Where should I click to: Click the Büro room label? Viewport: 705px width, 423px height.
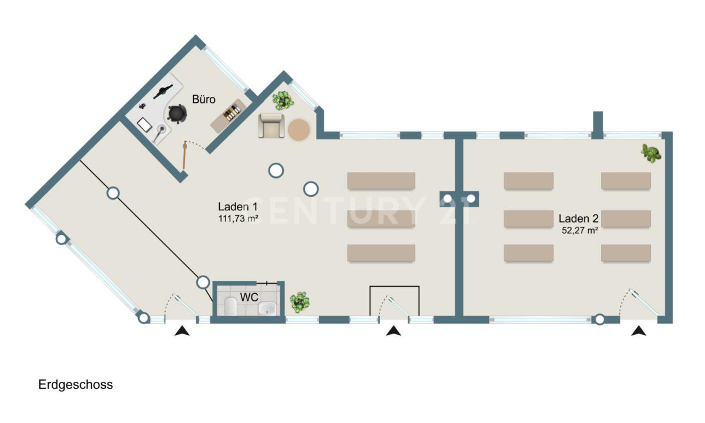[204, 99]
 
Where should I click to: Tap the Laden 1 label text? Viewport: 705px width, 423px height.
[237, 207]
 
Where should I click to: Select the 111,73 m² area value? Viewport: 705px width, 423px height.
[239, 219]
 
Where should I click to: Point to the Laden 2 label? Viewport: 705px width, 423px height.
[579, 219]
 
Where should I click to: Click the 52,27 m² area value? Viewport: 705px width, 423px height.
[580, 230]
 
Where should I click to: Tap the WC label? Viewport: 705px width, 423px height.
[249, 297]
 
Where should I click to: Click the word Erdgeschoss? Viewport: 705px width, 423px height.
[76, 385]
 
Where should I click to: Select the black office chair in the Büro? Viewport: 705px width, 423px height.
[177, 113]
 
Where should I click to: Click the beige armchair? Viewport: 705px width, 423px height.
[271, 126]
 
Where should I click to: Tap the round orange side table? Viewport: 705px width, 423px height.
[298, 129]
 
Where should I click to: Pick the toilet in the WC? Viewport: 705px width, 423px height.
[231, 306]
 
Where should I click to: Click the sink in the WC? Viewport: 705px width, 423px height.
[267, 308]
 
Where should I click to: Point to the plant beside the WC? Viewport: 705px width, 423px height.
[299, 302]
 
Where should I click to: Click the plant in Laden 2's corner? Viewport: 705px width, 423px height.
[651, 153]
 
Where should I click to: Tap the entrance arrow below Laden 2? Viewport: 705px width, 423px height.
[639, 331]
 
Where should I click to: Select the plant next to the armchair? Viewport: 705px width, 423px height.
[283, 100]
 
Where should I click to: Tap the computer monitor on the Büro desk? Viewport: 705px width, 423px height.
[163, 91]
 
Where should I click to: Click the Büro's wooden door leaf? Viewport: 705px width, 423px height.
[184, 155]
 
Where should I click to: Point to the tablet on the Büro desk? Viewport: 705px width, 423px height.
[145, 125]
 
